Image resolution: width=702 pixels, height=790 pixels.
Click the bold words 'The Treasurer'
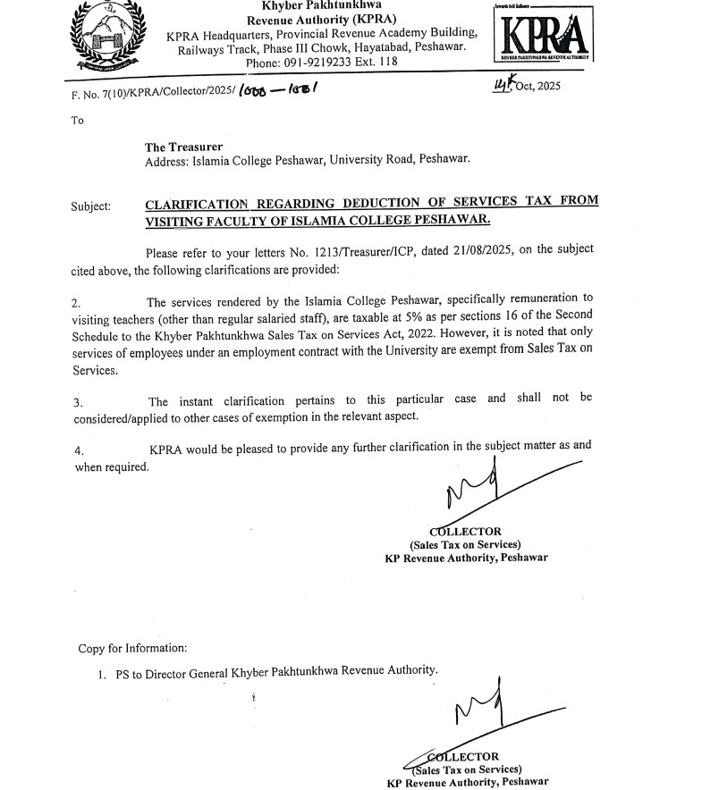click(x=184, y=147)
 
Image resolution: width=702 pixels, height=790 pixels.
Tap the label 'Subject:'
click(x=91, y=206)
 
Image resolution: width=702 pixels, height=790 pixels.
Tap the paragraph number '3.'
click(x=79, y=402)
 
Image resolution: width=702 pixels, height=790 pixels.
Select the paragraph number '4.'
click(x=79, y=450)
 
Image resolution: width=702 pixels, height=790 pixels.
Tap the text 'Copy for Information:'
click(x=132, y=648)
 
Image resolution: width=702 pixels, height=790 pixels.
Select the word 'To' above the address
click(x=77, y=120)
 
